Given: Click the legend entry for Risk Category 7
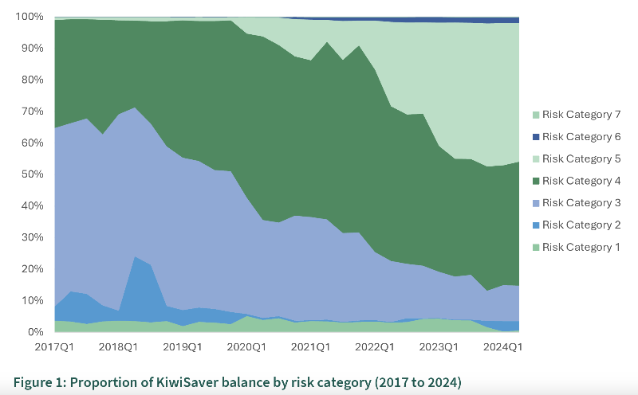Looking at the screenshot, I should pos(581,115).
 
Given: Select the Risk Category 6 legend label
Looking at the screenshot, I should pos(581,137).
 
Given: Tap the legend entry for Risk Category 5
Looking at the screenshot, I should pos(581,158).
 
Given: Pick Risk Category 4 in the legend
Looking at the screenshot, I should pos(581,181).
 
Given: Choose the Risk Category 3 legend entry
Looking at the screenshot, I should pos(581,203).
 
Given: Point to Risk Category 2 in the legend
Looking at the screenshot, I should pos(581,225).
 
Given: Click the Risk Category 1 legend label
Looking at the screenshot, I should pos(581,247).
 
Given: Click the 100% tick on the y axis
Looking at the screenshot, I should pos(30,17).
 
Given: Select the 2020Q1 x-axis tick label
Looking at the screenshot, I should pos(246,347).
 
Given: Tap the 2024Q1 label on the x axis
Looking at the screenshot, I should pos(503,347).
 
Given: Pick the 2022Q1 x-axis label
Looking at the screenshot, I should pos(375,347).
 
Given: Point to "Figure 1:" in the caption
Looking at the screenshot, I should pos(40,383).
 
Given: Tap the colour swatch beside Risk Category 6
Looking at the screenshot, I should pos(535,137).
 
